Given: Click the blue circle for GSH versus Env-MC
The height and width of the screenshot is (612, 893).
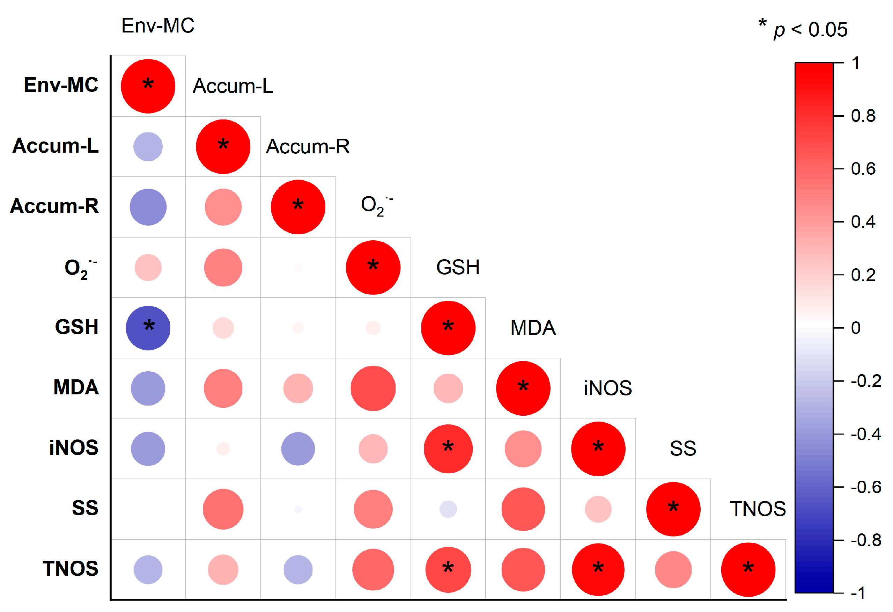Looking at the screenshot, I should [x=148, y=328].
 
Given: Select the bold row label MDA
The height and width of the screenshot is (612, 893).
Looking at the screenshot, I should [x=76, y=387].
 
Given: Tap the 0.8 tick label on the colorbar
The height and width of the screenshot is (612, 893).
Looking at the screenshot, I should [x=863, y=116].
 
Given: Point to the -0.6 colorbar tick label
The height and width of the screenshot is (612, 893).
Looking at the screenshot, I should [x=866, y=487].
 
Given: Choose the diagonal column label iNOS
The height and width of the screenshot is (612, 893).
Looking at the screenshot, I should [x=607, y=388].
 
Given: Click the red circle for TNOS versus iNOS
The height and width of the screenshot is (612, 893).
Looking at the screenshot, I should [x=598, y=569].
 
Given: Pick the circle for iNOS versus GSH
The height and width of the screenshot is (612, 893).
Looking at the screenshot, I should [x=448, y=449].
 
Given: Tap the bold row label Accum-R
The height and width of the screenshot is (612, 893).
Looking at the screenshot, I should [x=54, y=206].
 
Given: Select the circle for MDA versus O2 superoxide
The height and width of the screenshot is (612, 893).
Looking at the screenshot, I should [x=373, y=388].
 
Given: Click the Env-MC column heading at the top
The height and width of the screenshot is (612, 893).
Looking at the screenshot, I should [x=158, y=26].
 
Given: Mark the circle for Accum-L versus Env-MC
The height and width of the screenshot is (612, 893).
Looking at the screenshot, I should [x=148, y=146].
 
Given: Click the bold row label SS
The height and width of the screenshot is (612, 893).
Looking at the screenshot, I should [x=85, y=508].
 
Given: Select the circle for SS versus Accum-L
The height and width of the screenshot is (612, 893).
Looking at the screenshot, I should [x=223, y=509].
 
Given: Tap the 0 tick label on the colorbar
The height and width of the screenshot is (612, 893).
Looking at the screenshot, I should [x=856, y=328].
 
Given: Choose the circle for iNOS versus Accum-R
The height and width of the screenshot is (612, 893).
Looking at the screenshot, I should [x=298, y=449].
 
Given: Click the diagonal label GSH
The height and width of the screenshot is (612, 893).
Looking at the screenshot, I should [x=458, y=267].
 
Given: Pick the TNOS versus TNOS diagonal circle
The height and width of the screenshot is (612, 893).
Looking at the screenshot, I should [x=748, y=569].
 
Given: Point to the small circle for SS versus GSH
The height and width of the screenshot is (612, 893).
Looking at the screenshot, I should [x=448, y=509].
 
